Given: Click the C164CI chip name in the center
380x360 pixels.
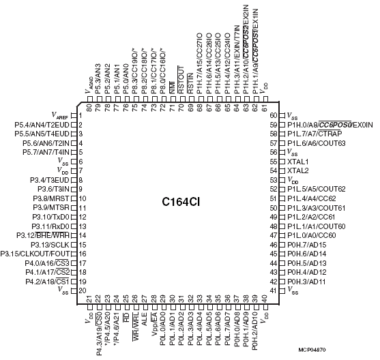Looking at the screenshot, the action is coord(181,202).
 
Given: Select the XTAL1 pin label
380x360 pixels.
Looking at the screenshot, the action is coord(298,162).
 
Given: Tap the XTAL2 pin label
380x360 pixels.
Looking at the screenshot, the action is coord(298,170).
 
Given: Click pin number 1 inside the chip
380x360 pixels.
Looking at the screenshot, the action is coord(81,115).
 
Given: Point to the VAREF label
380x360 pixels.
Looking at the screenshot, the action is coord(60,115).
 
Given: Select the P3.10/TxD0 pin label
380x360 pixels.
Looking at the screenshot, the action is coord(50,217).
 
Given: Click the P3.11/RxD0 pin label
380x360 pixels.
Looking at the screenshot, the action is coord(50,226).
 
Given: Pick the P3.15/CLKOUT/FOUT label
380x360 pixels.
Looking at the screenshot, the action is coord(35,254).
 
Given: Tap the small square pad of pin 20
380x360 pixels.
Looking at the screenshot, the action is coord(74,290).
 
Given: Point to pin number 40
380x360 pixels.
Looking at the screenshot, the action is coord(265,298).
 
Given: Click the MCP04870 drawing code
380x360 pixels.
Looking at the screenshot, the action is coord(312,350).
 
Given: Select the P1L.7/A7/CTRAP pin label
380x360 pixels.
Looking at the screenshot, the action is coord(315,134).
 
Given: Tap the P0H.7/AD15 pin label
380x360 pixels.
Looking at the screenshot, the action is coord(307,245).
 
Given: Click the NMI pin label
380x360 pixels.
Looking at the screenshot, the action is coord(173,87).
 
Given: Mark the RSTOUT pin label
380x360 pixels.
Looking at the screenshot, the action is coord(181,80).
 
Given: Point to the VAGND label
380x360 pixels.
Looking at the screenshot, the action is coord(89,85).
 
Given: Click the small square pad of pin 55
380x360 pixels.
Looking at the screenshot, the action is coord(282,162).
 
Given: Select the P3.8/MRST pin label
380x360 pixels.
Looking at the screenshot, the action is coord(51,198).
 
